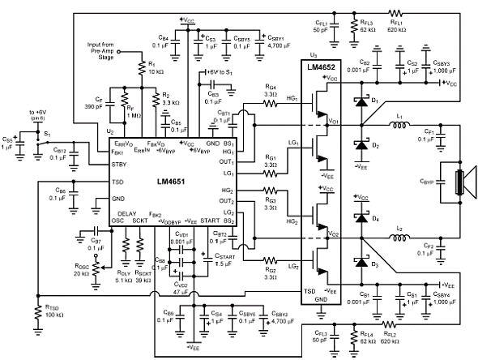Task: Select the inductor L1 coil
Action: point(399,126)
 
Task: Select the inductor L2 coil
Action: point(399,238)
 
